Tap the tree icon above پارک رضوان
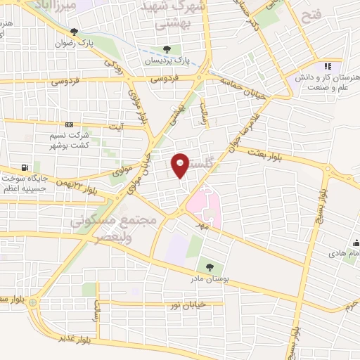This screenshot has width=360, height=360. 74,31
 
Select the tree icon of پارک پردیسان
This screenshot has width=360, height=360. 167,49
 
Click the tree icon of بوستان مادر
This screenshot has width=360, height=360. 209,266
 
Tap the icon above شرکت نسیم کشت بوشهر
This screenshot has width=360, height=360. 68,124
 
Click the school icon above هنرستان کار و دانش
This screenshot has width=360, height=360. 327,66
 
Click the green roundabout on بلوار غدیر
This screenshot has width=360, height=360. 41,302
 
